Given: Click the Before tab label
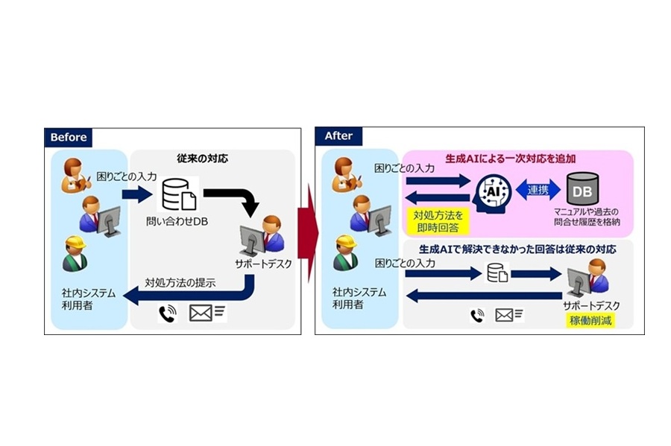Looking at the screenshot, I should point(69,137).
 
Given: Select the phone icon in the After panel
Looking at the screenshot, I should point(477,315).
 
